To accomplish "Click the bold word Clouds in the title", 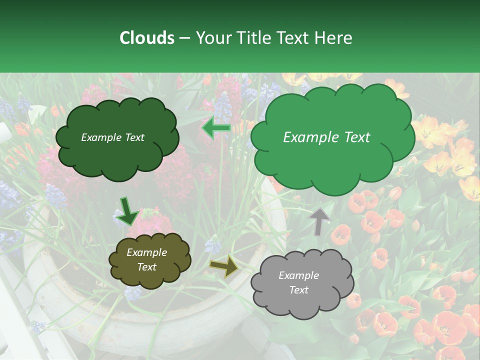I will [147, 38].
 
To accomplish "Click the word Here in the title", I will [333, 38].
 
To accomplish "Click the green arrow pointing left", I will [216, 128].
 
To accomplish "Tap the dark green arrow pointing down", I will [128, 210].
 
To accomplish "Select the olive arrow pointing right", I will [224, 266].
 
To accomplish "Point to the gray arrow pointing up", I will [320, 221].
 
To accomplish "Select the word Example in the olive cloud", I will [146, 252].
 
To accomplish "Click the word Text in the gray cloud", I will [298, 290].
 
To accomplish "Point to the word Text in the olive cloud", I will [146, 267].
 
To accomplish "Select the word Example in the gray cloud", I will [298, 275].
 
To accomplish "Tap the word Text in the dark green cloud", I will [134, 137].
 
